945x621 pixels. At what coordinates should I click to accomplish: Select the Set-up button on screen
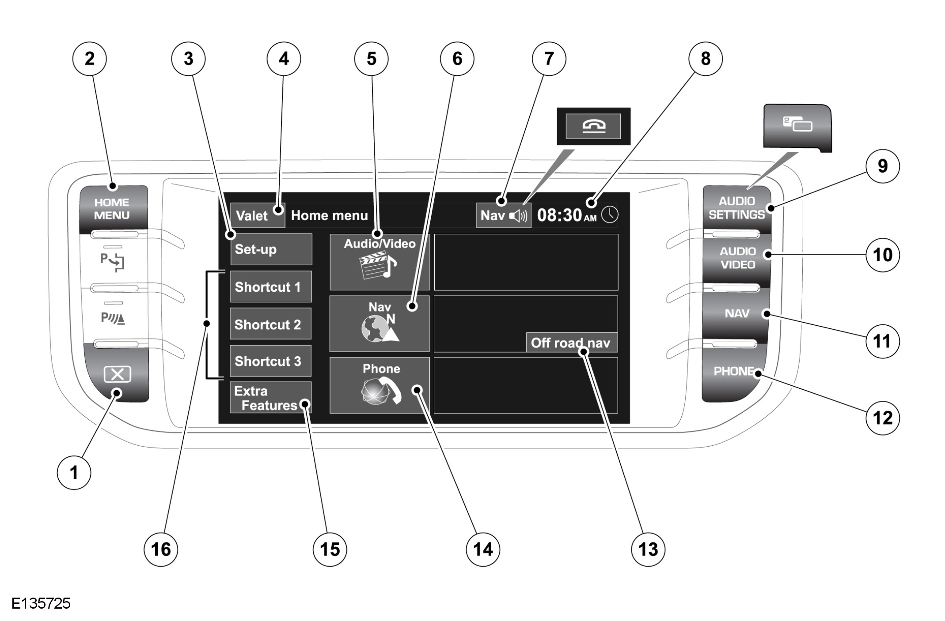click(x=271, y=249)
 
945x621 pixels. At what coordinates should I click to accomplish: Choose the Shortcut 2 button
click(x=270, y=324)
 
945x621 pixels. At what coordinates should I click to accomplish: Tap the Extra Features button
click(x=270, y=398)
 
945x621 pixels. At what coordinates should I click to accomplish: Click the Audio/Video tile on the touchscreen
click(x=380, y=262)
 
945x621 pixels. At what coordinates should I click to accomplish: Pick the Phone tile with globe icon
click(x=380, y=385)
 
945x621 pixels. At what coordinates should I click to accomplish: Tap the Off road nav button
click(x=571, y=342)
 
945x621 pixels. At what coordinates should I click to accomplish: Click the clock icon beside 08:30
click(x=610, y=215)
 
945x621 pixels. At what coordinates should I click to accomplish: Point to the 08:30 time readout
click(x=560, y=215)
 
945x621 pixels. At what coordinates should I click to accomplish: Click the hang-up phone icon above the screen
click(x=593, y=126)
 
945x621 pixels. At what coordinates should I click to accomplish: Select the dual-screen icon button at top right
click(x=797, y=125)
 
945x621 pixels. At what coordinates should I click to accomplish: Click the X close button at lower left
click(x=117, y=375)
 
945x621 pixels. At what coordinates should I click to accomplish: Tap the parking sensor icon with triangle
click(x=113, y=318)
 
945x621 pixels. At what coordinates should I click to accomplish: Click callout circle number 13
click(x=648, y=549)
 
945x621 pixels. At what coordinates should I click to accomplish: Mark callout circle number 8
click(x=706, y=59)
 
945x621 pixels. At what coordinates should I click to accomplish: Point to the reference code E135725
click(x=41, y=603)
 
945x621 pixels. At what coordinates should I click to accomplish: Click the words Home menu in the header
click(x=329, y=215)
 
